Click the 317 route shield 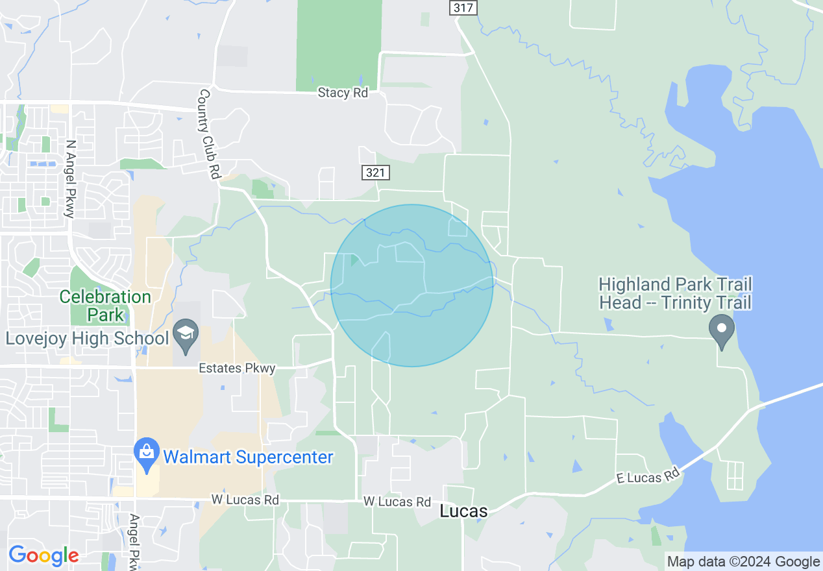coord(463,8)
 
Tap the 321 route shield coord(376,173)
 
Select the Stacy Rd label coord(343,93)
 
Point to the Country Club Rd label coord(209,135)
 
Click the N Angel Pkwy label coord(71,179)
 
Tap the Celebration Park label coord(105,306)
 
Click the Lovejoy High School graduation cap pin coord(186,334)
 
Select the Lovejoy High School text coord(88,338)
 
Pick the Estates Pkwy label coord(238,369)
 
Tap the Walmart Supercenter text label coord(248,457)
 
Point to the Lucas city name coord(463,511)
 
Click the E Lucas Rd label coord(647,477)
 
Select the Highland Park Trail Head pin coord(721,330)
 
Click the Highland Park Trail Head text coord(675,293)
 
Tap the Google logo coord(43,555)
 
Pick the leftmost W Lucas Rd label coord(245,500)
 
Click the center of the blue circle coord(411,285)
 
